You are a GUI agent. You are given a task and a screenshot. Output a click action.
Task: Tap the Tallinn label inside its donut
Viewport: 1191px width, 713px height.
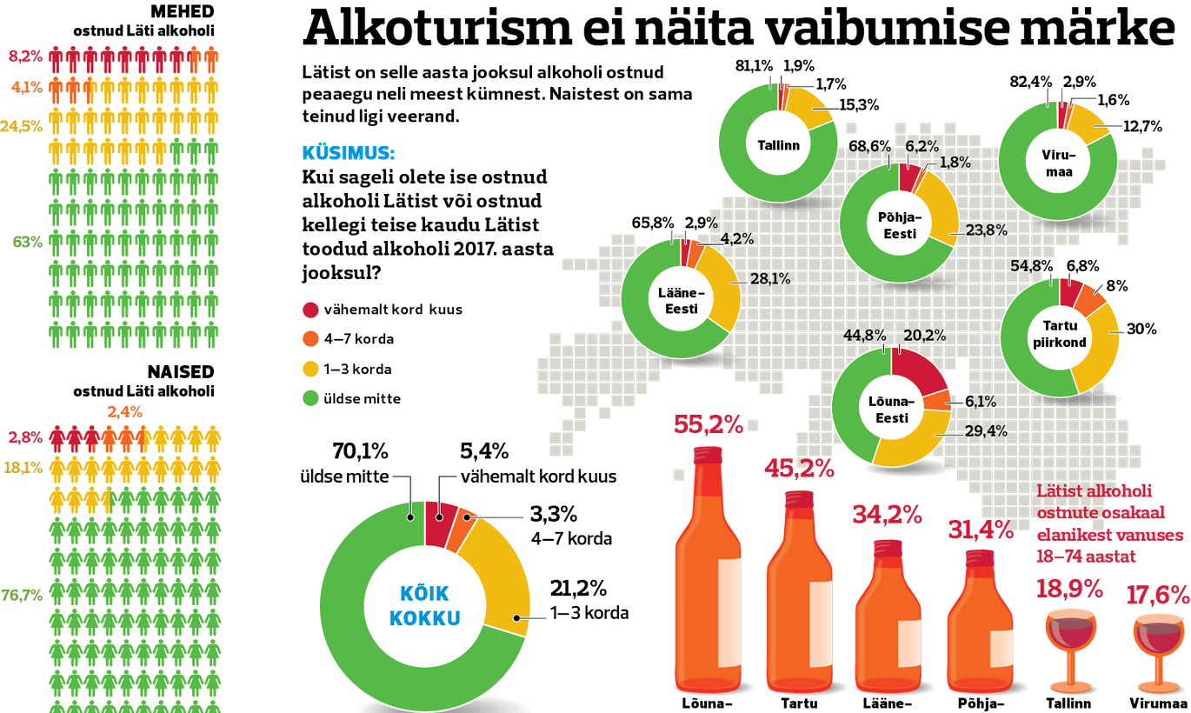pos(778,145)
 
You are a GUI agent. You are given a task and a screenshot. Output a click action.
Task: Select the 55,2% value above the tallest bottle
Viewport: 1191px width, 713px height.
pos(709,425)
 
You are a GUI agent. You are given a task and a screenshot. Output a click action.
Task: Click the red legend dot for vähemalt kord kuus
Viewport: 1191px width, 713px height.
pos(310,310)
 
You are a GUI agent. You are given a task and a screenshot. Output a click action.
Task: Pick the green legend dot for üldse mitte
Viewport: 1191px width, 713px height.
pos(310,398)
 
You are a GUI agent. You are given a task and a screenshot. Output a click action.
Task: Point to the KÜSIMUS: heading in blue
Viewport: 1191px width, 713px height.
pos(349,153)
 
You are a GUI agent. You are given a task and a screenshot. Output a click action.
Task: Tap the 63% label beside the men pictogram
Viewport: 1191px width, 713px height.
pos(28,243)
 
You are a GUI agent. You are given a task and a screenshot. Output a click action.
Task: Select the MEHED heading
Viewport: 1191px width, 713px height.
pos(183,11)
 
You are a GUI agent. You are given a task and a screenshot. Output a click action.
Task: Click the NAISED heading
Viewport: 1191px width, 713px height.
pos(181,371)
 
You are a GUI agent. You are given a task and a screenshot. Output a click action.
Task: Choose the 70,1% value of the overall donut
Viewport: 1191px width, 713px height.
pos(360,451)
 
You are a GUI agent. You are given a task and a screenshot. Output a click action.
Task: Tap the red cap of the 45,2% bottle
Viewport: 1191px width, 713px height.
pos(799,499)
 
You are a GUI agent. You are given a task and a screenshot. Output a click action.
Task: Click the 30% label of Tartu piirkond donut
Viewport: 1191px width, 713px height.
pos(1141,330)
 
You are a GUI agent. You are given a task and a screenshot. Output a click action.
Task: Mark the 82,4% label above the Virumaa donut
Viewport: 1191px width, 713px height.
pos(1030,82)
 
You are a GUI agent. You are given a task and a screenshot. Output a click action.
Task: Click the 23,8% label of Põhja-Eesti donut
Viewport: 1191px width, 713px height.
pos(987,230)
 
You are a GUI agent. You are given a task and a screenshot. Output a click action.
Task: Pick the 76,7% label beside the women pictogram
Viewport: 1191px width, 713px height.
pos(22,595)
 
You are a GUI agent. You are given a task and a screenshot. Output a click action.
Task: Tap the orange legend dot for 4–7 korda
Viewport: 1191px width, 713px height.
pos(310,339)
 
